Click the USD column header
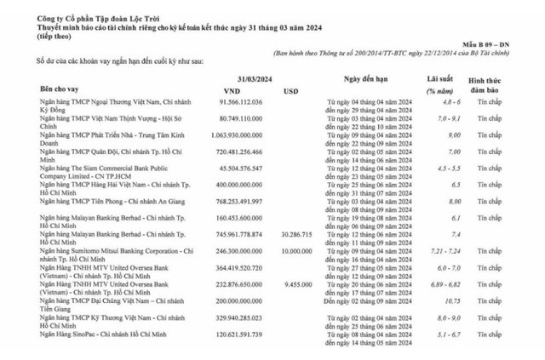pyautogui.click(x=290, y=88)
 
